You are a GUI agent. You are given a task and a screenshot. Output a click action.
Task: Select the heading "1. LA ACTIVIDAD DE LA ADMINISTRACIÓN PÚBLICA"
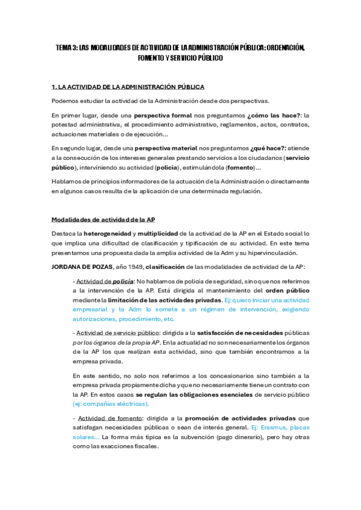128,87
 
